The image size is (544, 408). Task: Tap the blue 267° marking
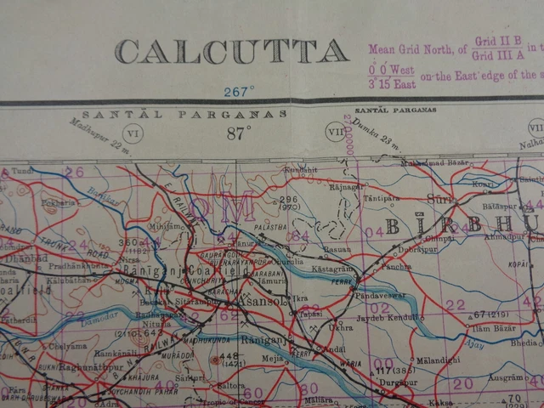239,91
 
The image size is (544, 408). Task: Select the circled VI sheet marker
132,133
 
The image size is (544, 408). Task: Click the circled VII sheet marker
336,132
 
